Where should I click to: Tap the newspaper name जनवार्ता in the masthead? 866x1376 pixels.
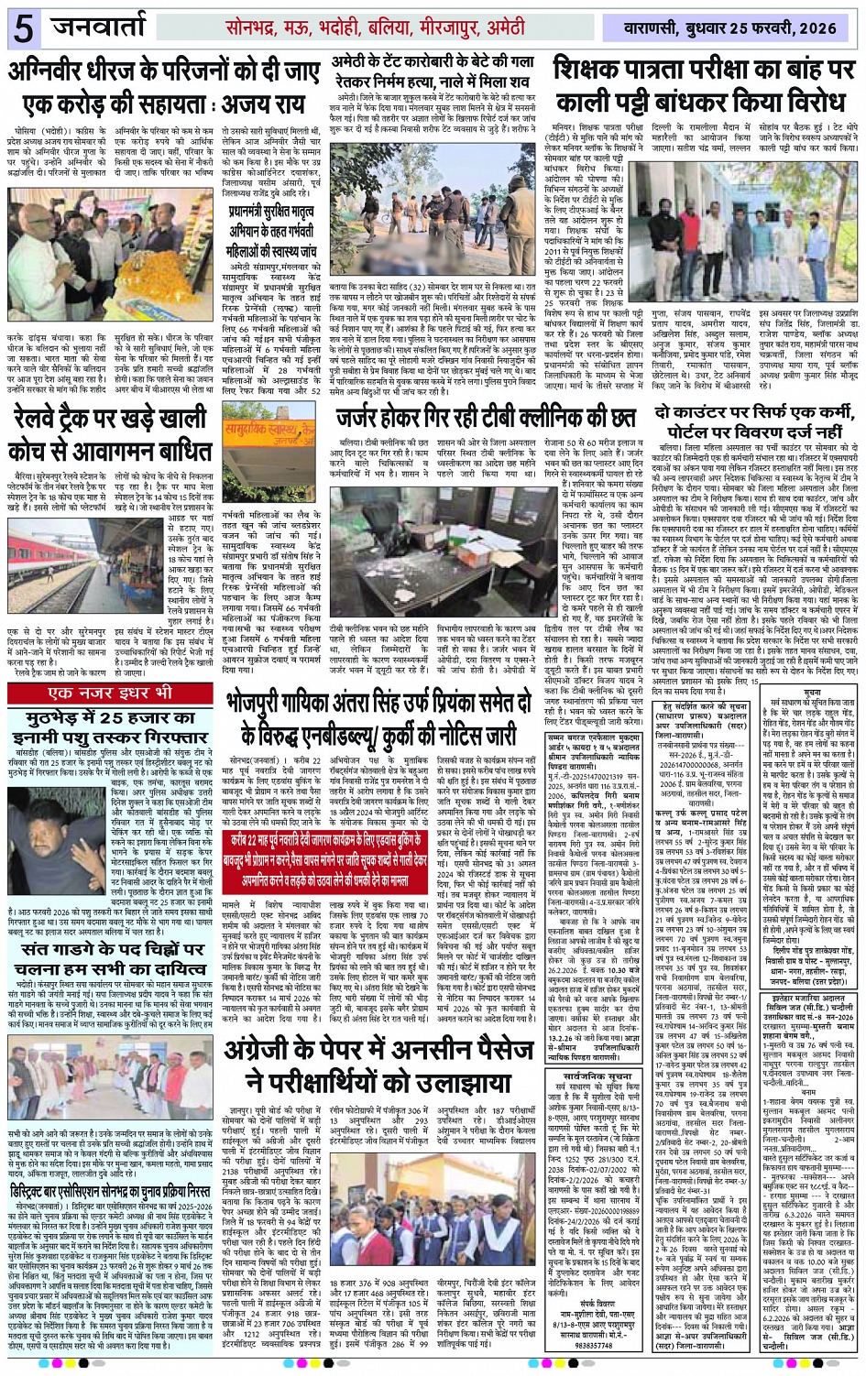(x=108, y=27)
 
